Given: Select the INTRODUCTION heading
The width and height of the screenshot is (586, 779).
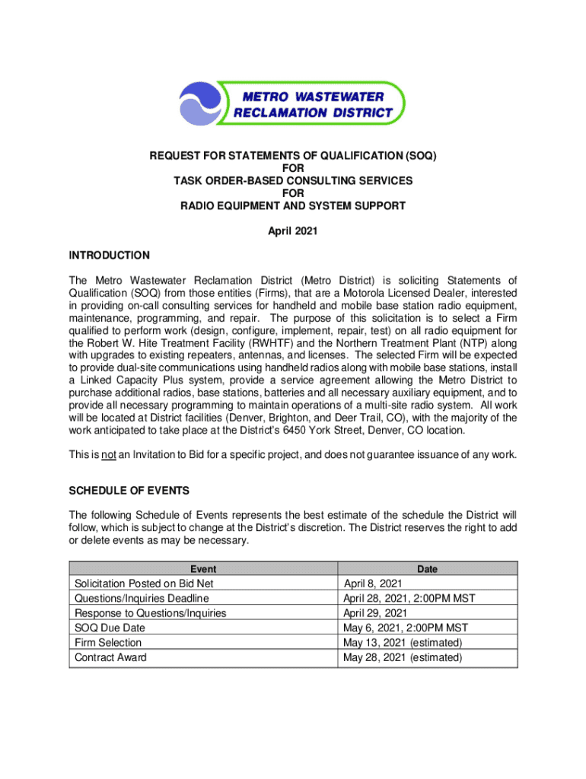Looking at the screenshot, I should [x=109, y=255].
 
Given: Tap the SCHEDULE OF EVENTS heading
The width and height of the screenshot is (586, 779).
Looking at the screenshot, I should [x=129, y=491].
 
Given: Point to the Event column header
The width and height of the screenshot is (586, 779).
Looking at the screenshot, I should [x=203, y=569].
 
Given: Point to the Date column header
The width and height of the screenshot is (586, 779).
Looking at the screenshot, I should [x=427, y=569].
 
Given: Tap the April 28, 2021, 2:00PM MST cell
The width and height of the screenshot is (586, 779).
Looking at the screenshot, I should [x=409, y=599].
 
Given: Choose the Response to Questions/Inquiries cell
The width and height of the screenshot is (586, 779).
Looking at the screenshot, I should [x=150, y=613].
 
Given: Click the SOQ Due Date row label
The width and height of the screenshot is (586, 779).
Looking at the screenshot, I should [x=110, y=628].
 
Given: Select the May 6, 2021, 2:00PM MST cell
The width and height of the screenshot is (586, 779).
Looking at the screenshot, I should [x=406, y=628].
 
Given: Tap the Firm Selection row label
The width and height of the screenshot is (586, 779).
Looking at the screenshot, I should [x=108, y=643].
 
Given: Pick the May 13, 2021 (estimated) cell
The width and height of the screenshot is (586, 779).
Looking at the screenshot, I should [x=402, y=643].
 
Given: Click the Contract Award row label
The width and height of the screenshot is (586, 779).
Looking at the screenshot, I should [x=110, y=657].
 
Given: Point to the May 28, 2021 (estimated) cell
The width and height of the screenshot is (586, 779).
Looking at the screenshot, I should [x=402, y=657].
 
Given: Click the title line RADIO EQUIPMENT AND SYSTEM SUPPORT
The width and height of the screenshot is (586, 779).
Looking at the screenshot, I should [x=292, y=205].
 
